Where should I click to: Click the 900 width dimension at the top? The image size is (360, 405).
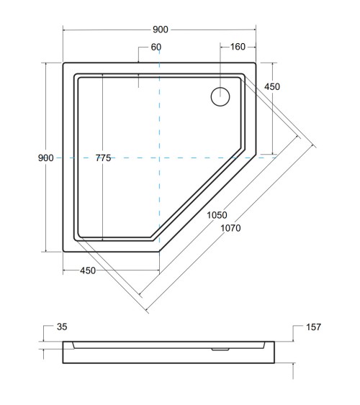(x=160, y=29)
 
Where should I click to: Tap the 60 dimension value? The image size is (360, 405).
(x=156, y=47)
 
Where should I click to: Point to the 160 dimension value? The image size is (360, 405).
(x=238, y=47)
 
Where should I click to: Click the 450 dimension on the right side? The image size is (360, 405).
(x=271, y=87)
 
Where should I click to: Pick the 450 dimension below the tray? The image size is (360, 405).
(x=88, y=271)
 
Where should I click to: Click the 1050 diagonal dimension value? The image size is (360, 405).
(x=217, y=215)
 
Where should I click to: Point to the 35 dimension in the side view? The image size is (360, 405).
(x=62, y=327)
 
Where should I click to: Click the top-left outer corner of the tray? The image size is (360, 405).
(x=64, y=63)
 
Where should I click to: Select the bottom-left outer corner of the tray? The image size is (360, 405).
(x=64, y=252)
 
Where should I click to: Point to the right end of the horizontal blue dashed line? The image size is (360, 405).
(x=276, y=158)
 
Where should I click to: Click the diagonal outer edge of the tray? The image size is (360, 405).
(x=209, y=204)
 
